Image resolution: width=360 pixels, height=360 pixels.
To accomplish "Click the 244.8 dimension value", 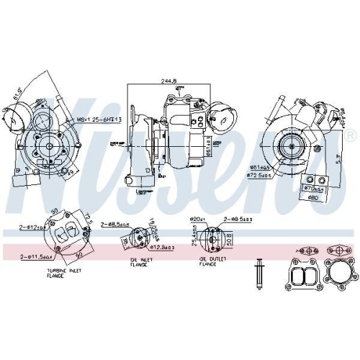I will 170,81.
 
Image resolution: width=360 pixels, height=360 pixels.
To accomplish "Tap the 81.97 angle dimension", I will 14,93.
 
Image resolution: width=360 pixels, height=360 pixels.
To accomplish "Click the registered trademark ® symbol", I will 349,135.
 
